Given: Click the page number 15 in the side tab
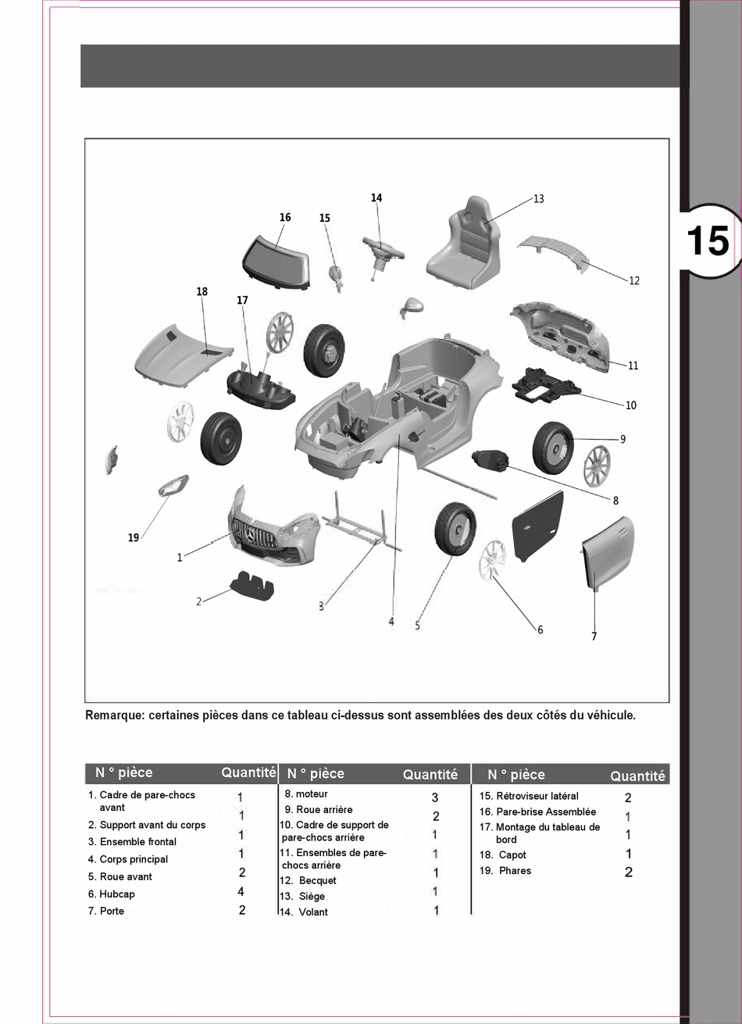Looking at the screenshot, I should pos(707,241).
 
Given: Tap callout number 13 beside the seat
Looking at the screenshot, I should pos(539,199).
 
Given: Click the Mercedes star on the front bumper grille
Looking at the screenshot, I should pos(251,536).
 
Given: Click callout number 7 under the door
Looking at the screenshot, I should pos(594,637).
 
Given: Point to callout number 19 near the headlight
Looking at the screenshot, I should pos(134,537).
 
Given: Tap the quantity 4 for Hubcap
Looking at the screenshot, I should pos(241,892).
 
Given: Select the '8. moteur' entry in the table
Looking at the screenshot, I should pos(306,794).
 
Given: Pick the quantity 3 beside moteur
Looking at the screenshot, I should pos(435,797).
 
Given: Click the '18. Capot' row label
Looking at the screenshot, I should pos(503,855).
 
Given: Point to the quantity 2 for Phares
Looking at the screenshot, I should pos(629,872).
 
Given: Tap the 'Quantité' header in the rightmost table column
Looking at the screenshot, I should pos(637,776).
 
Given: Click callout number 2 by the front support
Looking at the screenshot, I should pos(198,601).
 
